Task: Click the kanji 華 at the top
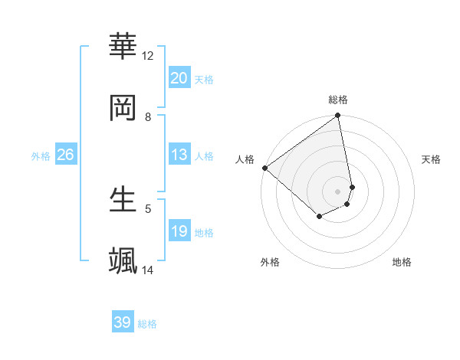123,46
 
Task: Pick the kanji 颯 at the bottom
123,260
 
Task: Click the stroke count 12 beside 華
148,55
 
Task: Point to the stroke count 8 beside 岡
148,116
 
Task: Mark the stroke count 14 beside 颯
148,270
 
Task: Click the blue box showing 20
179,78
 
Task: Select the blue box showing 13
179,155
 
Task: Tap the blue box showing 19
179,231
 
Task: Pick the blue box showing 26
66,155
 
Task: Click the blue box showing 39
123,323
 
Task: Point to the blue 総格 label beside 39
147,324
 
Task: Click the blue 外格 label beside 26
41,155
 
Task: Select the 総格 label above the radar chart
338,100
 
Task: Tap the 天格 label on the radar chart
432,159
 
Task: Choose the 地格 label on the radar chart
402,262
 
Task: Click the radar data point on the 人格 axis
264,168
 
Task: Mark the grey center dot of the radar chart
338,191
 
